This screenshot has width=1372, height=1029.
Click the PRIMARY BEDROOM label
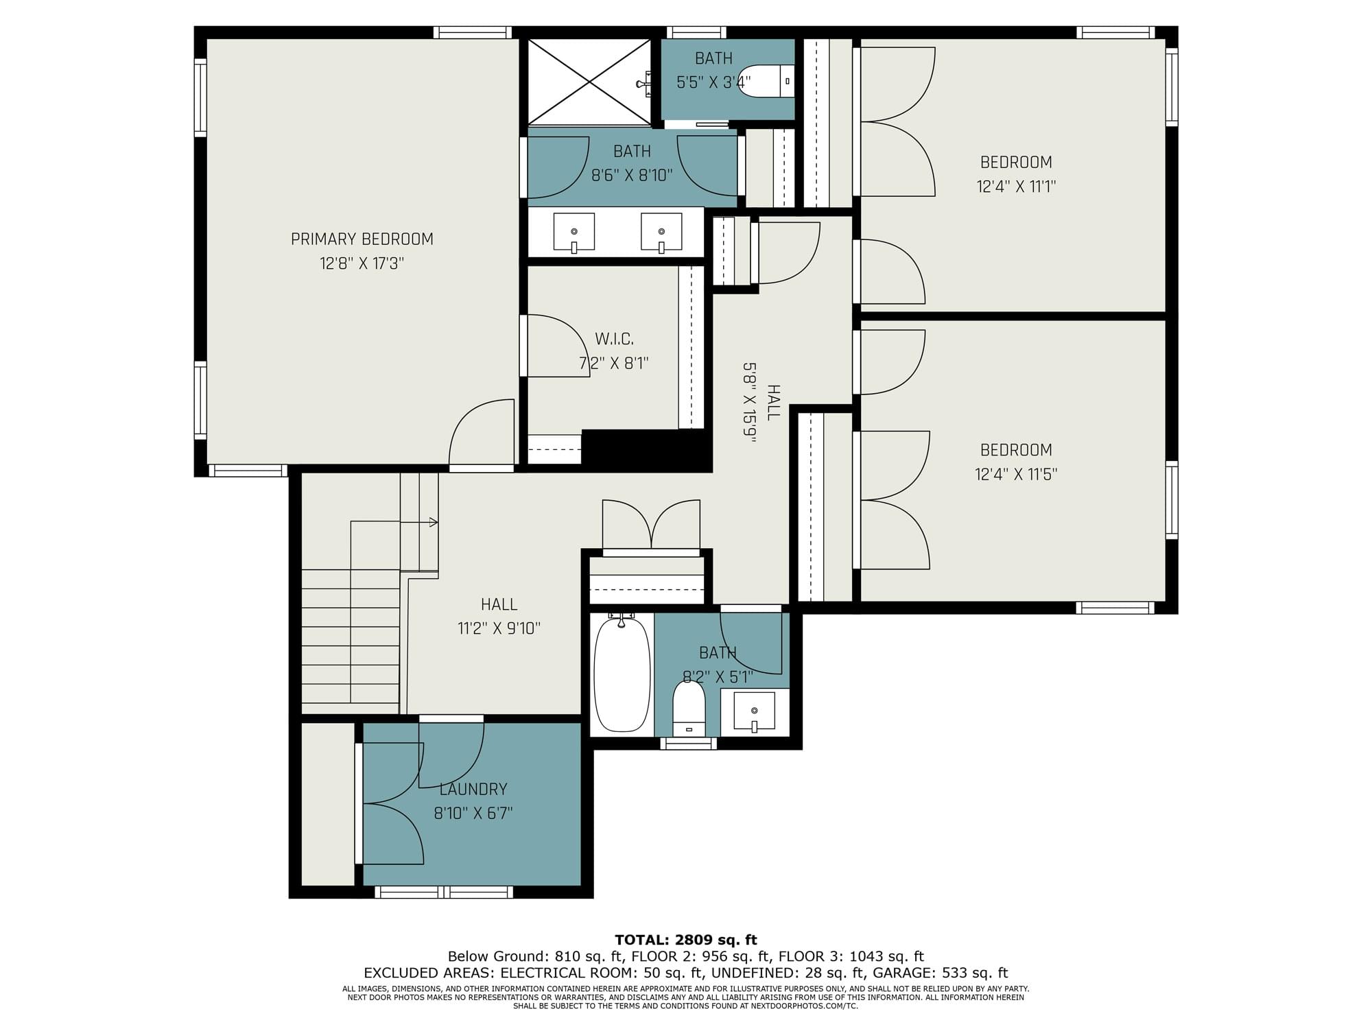(362, 239)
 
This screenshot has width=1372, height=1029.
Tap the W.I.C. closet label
(615, 339)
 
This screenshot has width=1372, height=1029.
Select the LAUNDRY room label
(473, 789)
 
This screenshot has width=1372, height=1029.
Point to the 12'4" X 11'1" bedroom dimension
(1016, 186)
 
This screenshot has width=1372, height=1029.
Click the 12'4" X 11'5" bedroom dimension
(1016, 474)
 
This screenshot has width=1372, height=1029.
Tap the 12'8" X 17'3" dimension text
(362, 263)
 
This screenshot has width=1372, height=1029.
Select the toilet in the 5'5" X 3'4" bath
(767, 81)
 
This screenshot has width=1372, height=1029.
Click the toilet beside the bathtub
(689, 708)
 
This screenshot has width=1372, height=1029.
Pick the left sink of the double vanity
(574, 232)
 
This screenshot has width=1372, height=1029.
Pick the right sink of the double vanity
(661, 232)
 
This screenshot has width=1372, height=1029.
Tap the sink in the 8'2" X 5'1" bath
(754, 712)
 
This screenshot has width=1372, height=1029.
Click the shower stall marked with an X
(589, 82)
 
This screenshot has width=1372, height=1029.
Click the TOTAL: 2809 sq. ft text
(686, 940)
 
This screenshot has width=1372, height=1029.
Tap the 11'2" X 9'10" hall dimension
(499, 628)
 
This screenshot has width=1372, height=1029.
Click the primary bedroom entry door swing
(482, 434)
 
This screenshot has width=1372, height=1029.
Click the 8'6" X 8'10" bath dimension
(632, 176)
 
